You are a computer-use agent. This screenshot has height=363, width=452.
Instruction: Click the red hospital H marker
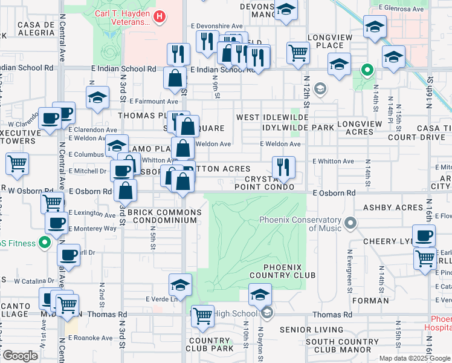coord(159,16)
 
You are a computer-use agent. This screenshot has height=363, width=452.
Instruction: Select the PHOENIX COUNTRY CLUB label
coord(289,271)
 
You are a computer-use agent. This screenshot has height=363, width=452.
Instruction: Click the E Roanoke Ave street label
coord(89,338)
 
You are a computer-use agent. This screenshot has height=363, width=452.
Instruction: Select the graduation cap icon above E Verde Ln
coord(180,285)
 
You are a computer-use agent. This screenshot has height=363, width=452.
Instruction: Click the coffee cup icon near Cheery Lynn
coord(424,235)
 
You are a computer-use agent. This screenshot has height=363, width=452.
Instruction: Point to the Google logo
coord(21,355)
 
